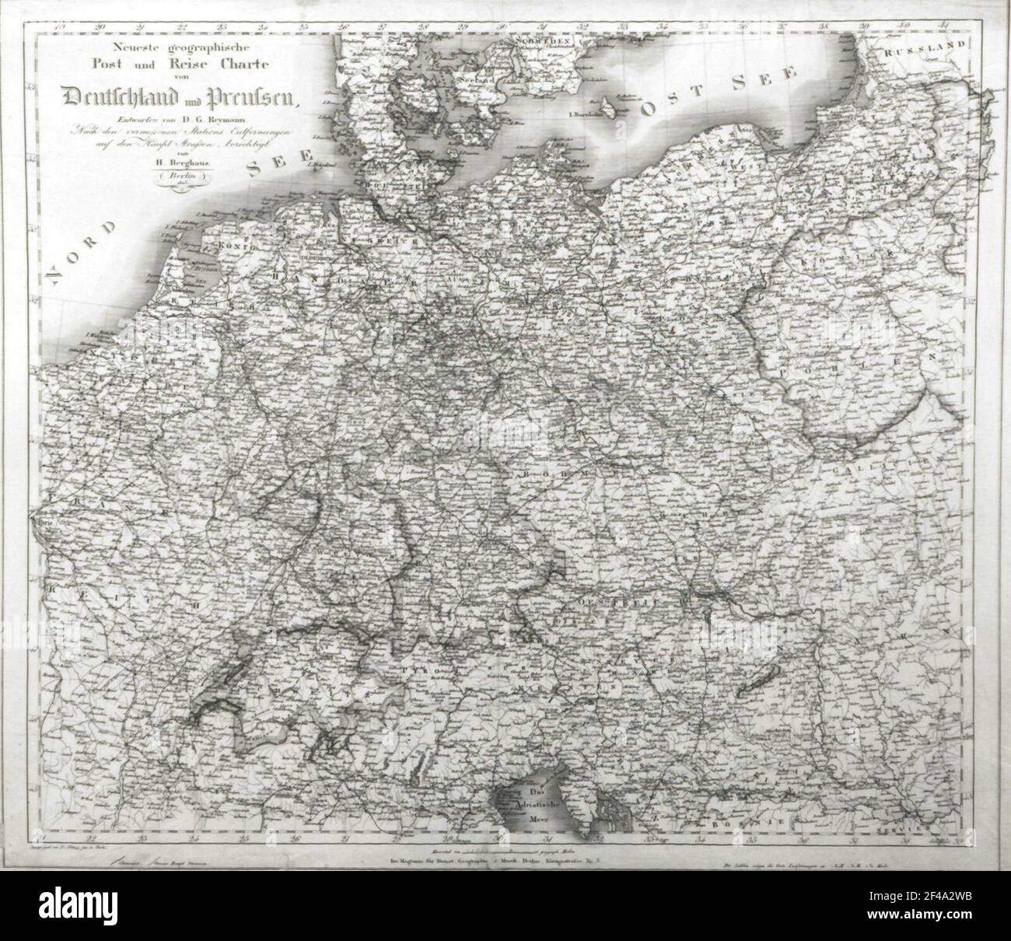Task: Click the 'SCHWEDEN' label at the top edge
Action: tap(547, 40)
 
